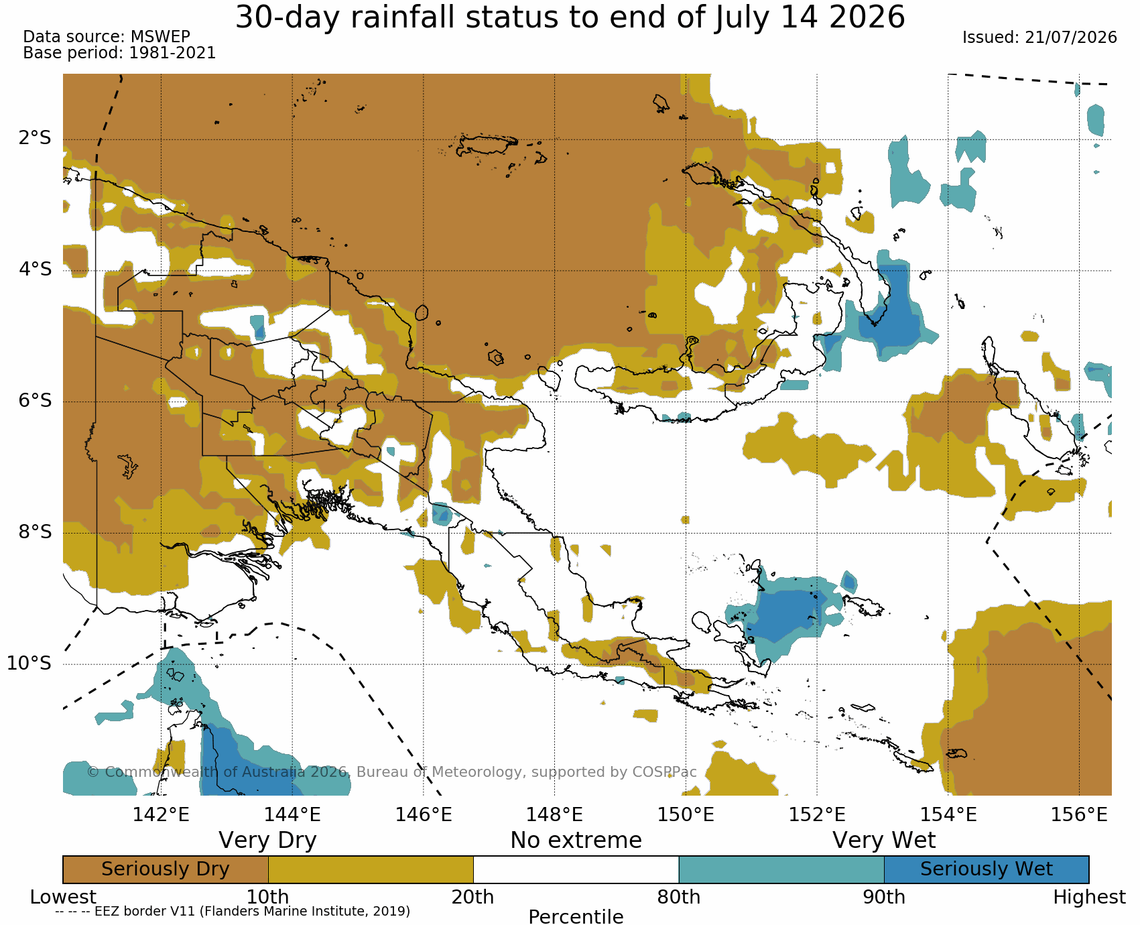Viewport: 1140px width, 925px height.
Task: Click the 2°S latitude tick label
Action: point(35,139)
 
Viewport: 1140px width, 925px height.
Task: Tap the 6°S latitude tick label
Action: point(35,401)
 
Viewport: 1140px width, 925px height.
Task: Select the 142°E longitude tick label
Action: point(161,814)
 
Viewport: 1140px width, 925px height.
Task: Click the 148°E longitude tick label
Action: point(554,814)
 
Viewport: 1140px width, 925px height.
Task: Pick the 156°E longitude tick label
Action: point(1079,814)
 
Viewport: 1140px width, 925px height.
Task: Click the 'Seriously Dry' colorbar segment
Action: point(166,869)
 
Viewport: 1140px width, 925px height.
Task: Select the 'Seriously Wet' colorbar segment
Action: point(987,869)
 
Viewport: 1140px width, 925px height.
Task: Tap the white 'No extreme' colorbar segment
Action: point(576,869)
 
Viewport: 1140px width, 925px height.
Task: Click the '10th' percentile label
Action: point(268,897)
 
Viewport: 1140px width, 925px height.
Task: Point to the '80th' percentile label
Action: point(679,897)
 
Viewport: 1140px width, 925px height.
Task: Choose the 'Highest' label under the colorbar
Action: point(1089,897)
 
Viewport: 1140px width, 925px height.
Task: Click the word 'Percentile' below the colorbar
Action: point(576,916)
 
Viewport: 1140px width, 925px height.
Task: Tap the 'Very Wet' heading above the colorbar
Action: point(884,840)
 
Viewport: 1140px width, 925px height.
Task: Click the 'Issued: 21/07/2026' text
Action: point(1039,38)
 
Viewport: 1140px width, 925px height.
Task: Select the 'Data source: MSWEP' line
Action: point(107,37)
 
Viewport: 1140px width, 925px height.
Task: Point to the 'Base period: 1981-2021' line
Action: point(119,53)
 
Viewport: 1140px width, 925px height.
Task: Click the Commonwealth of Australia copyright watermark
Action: point(392,772)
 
